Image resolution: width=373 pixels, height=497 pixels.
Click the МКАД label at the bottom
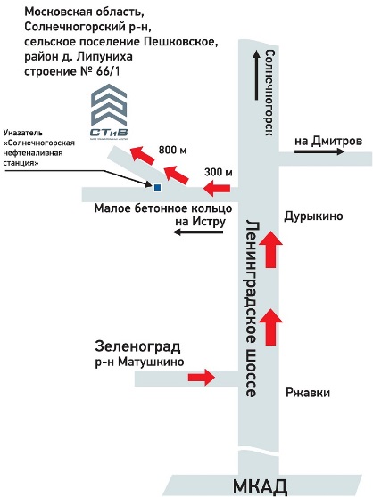tap(261, 487)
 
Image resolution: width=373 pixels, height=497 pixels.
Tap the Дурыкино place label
tap(313, 216)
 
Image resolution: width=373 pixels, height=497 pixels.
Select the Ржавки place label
tap(308, 393)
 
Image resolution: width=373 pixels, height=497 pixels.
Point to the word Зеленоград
tap(137, 346)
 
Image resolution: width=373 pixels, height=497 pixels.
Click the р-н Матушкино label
tap(140, 362)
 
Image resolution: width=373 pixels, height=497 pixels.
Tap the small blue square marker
tap(157, 188)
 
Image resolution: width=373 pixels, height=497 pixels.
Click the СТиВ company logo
tap(109, 112)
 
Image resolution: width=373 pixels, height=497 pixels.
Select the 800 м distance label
tap(173, 150)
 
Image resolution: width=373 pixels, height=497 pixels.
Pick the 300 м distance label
tap(219, 172)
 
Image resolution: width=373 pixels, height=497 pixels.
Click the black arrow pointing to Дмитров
tap(319, 151)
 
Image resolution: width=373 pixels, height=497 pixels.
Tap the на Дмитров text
tap(328, 141)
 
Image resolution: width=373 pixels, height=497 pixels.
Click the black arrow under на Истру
tap(198, 232)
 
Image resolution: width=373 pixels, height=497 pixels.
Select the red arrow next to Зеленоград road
tap(202, 377)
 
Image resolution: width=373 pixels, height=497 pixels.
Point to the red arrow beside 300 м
tap(217, 189)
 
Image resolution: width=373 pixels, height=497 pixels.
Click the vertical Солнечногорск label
tap(269, 93)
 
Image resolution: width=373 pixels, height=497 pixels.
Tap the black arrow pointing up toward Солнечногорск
tap(256, 75)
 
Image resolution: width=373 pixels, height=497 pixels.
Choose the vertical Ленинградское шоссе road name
tap(253, 308)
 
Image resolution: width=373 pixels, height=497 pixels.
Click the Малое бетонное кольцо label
tap(163, 208)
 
